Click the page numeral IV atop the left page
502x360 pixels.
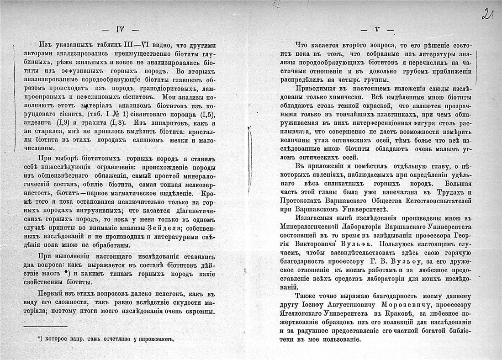click(121, 31)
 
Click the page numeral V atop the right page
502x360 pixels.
click(377, 31)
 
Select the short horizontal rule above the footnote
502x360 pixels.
click(45, 326)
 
